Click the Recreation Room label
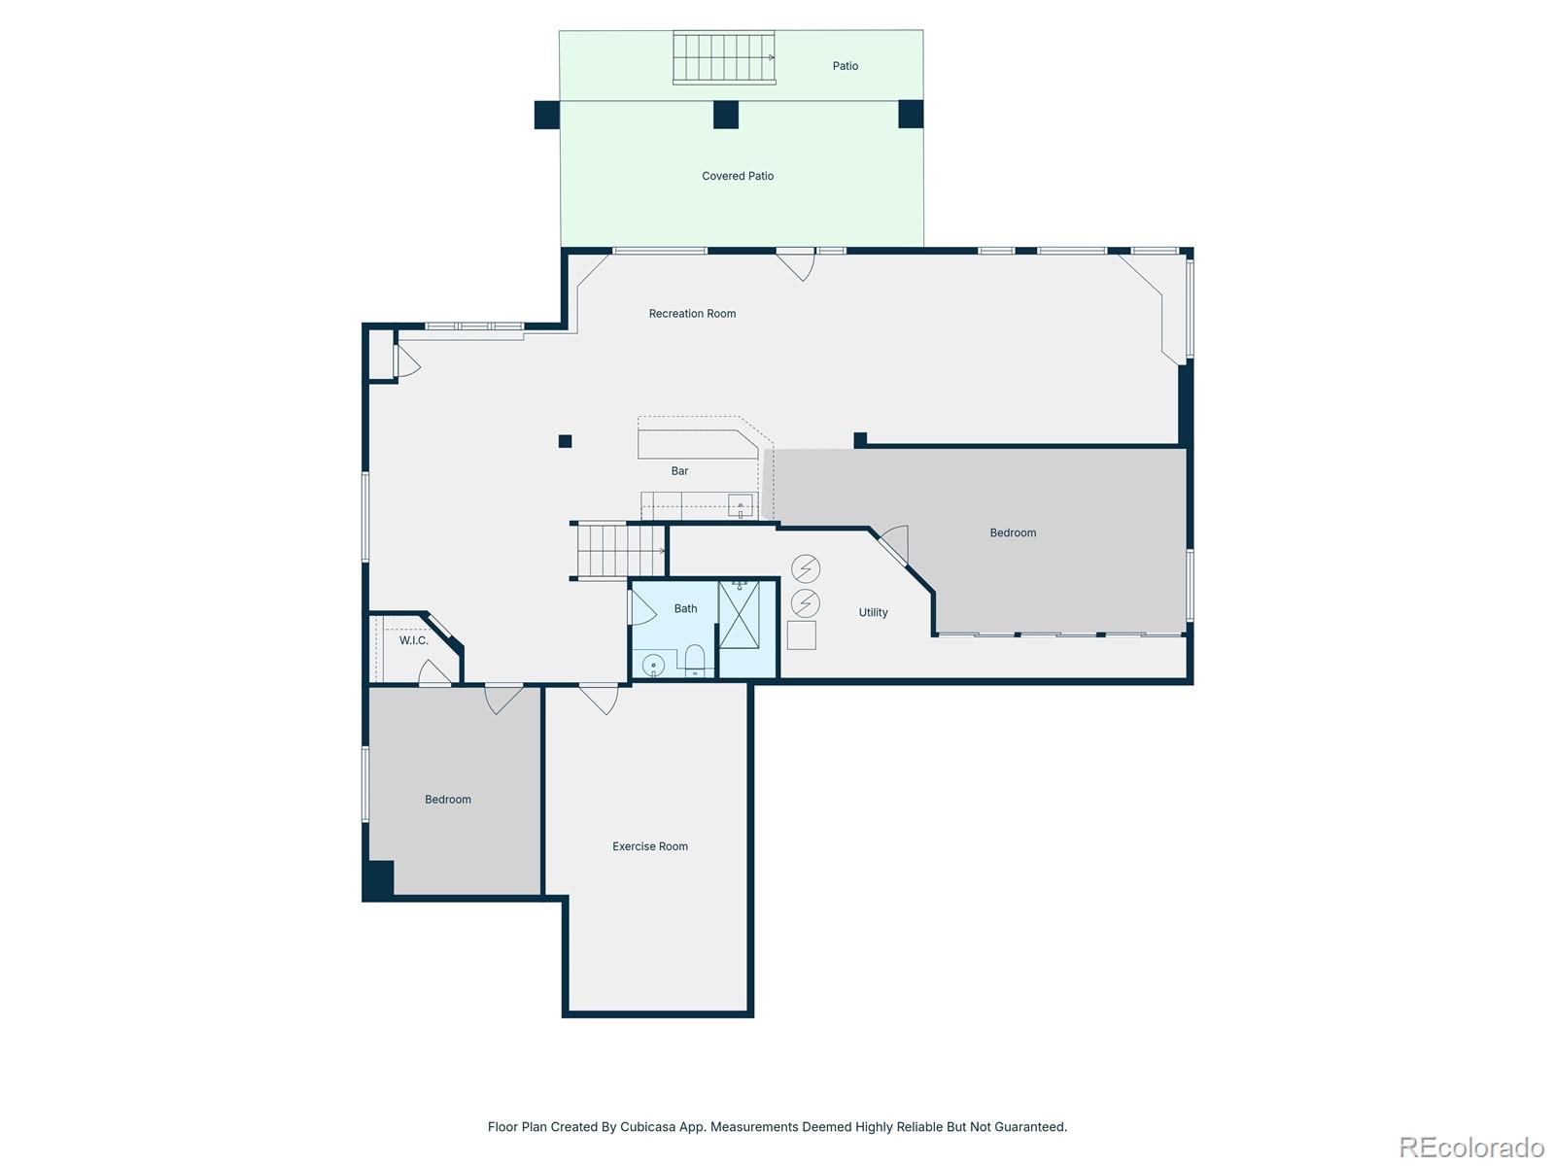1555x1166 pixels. coord(692,314)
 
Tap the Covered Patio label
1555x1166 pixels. coord(738,176)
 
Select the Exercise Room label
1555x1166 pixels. coord(649,846)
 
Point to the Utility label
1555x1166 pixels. coord(873,613)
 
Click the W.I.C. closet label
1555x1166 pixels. coord(414,640)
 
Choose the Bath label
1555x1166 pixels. coord(685,609)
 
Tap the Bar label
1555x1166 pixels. coord(679,471)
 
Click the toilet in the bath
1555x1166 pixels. coord(694,660)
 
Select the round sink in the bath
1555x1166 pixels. coord(653,667)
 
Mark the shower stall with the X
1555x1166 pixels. coord(739,615)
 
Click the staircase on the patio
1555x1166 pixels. coord(724,57)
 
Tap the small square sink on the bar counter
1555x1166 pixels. coord(741,506)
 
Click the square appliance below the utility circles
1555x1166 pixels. coord(801,635)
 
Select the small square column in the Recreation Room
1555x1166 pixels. coord(565,442)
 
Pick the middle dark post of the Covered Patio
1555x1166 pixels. coord(725,115)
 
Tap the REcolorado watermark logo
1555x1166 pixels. coord(1471,1147)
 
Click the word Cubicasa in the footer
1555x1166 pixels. coord(647,1127)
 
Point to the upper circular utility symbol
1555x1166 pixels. coord(806,568)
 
